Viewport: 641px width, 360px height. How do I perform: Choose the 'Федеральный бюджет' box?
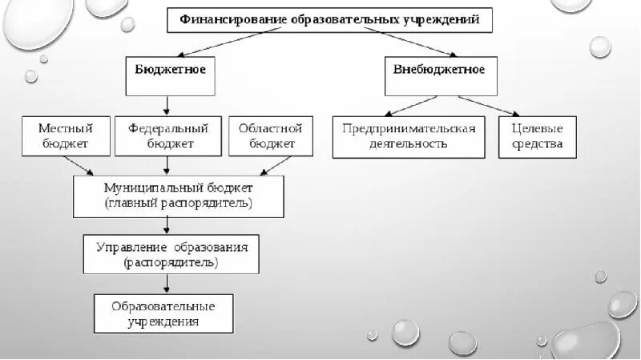[x=168, y=136]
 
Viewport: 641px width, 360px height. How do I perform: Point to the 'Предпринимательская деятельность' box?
[x=409, y=136]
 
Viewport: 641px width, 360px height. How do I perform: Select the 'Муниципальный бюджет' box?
[x=178, y=196]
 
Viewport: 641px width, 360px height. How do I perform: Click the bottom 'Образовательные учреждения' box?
[x=163, y=313]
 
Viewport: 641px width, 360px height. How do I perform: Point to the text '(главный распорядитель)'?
[x=178, y=204]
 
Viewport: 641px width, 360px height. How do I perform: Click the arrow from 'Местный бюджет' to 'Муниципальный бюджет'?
[x=80, y=165]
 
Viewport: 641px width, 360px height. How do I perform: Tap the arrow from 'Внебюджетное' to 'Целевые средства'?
[x=487, y=107]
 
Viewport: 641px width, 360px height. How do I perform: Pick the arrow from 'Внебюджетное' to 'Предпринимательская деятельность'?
[x=410, y=106]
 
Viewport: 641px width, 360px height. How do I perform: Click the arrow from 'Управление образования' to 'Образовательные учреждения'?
[x=167, y=284]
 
